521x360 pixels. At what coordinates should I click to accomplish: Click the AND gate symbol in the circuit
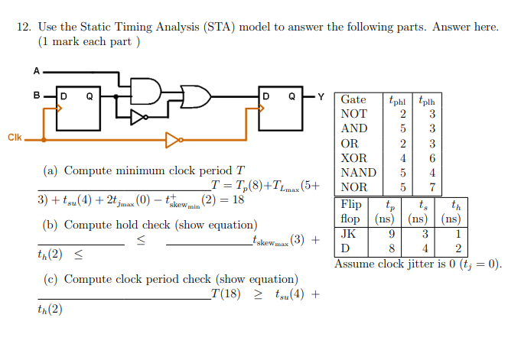coord(147,91)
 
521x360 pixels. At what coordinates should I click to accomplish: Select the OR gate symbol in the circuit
coord(196,97)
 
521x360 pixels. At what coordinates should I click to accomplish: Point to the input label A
coord(35,71)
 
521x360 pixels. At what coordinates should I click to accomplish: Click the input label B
coord(35,96)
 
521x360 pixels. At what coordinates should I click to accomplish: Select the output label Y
coord(321,96)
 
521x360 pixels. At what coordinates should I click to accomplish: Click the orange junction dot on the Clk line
coord(43,140)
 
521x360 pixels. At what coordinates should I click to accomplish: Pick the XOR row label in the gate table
coord(354,157)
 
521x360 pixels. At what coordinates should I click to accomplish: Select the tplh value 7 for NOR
coord(432,187)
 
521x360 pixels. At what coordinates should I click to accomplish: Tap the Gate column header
coord(353,99)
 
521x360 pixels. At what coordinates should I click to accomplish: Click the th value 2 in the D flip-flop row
coord(458,248)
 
